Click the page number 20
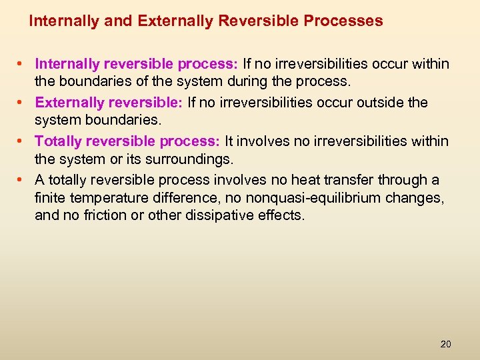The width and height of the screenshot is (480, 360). pos(445,344)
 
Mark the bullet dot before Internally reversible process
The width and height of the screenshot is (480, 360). pos(21,65)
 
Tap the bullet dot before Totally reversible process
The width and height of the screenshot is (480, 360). pos(21,142)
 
